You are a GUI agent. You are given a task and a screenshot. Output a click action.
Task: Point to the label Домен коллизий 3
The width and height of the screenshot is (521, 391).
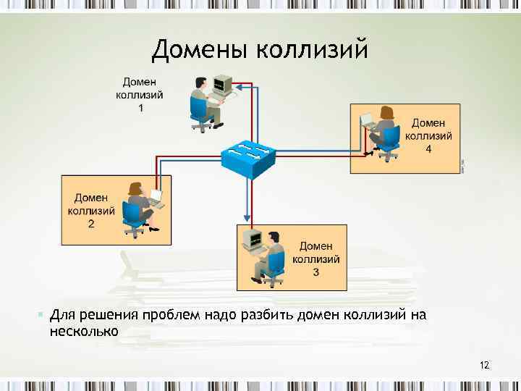(315, 259)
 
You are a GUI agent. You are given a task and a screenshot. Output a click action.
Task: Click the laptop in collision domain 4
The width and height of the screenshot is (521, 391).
(367, 121)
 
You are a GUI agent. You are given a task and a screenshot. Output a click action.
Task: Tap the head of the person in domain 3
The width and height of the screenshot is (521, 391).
(273, 237)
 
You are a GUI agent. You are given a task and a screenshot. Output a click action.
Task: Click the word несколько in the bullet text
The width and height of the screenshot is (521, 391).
(83, 332)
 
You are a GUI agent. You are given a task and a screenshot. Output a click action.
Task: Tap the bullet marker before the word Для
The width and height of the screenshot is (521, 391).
(40, 315)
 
